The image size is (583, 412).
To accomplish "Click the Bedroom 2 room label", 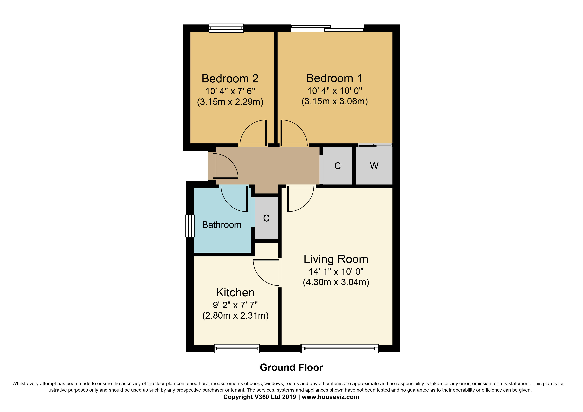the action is point(230,78).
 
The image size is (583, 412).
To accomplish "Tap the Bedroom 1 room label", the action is point(334,78).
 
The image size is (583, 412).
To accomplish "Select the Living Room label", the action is point(336,259).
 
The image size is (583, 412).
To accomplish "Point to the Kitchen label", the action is point(235,293).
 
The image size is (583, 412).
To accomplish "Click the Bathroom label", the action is point(222,225).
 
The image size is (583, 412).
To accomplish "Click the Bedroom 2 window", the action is point(226,28).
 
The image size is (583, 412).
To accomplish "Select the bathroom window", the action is point(190,226).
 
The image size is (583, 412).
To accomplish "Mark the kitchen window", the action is point(237,349).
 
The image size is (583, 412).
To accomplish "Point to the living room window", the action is point(340,349).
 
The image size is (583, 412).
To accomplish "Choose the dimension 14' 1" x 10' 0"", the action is point(336,272).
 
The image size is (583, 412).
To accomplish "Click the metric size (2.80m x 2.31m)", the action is point(235,316).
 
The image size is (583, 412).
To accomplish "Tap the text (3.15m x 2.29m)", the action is point(230,102).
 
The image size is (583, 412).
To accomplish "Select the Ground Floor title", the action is point(291,367).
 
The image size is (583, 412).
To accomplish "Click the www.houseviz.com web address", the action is point(330,397).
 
